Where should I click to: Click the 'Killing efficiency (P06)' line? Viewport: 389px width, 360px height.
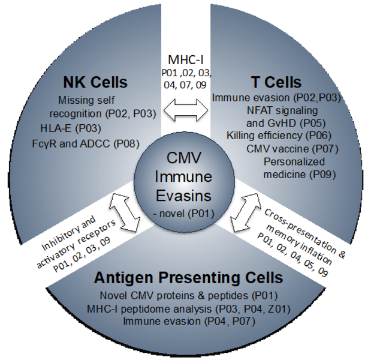[279, 136]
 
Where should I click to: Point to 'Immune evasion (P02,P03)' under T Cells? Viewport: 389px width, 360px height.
[276, 98]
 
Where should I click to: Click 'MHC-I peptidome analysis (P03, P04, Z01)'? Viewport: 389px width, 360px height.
[188, 308]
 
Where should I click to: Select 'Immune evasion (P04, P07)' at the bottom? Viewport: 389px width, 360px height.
[188, 322]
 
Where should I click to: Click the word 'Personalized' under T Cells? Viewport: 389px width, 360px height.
[294, 162]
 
